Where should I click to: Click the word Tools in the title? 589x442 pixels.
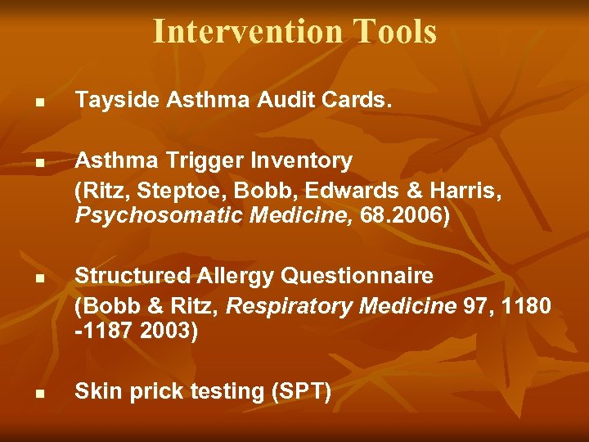pyautogui.click(x=395, y=31)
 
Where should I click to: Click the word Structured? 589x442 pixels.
pyautogui.click(x=128, y=277)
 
